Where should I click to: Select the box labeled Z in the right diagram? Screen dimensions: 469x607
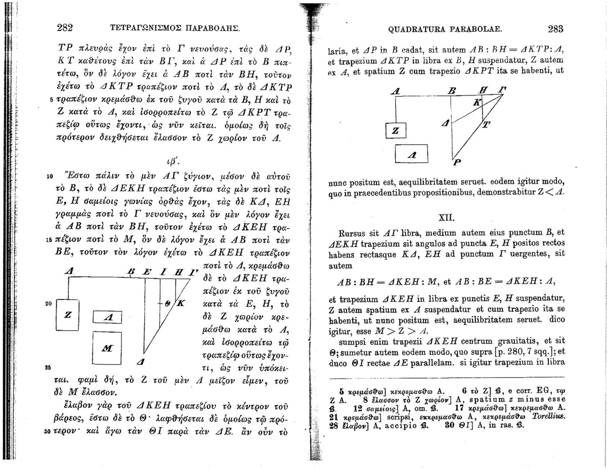pos(396,131)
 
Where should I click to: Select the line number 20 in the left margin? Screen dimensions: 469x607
pos(49,304)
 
